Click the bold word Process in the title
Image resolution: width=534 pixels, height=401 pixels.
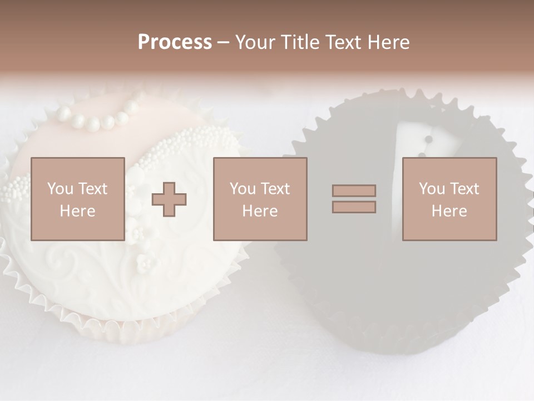pyautogui.click(x=175, y=42)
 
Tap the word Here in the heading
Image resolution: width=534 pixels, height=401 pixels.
pyautogui.click(x=388, y=42)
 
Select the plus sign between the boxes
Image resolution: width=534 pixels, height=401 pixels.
pyautogui.click(x=169, y=199)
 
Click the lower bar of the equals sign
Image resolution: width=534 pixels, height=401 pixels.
pyautogui.click(x=354, y=207)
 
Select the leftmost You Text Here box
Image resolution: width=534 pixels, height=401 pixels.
pyautogui.click(x=77, y=199)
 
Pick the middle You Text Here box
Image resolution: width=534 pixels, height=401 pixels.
pyautogui.click(x=260, y=199)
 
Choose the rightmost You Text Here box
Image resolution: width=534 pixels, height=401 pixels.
pyautogui.click(x=449, y=199)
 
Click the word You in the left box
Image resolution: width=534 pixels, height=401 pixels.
pyautogui.click(x=60, y=189)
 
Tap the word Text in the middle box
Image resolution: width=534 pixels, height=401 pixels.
pyautogui.click(x=274, y=189)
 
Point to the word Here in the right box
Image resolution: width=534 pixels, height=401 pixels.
pyautogui.click(x=449, y=211)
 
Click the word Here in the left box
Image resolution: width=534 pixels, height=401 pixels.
pyautogui.click(x=77, y=211)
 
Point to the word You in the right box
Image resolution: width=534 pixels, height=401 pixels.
pyautogui.click(x=431, y=189)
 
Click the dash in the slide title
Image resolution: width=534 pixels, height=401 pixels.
pyautogui.click(x=223, y=42)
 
